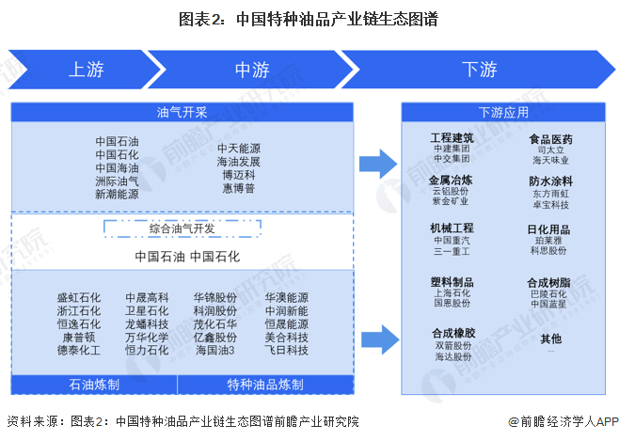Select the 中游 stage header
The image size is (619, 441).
(251, 70)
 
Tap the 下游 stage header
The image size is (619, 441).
(479, 70)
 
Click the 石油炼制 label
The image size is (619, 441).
(93, 385)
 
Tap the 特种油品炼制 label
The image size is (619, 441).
(264, 385)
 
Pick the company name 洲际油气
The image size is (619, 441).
(117, 181)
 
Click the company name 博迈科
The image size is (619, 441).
(238, 175)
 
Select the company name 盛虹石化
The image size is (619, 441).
(79, 297)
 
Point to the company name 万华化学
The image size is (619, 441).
(147, 337)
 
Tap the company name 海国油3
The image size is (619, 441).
(214, 350)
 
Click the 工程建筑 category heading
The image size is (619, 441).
(452, 137)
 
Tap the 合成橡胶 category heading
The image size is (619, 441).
(452, 333)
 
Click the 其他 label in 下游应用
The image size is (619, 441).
(550, 339)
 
